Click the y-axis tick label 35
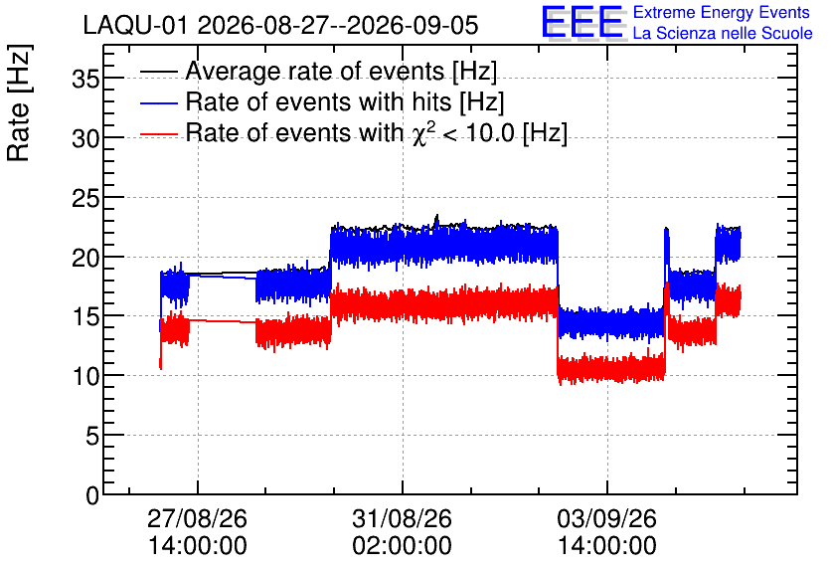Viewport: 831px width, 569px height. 85,80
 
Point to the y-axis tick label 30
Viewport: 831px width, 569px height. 85,139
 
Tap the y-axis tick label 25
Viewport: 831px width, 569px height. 85,199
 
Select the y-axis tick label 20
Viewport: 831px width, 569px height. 85,259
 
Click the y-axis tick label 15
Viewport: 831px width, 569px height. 85,317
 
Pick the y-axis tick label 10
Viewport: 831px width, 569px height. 85,377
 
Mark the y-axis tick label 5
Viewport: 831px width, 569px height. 92,437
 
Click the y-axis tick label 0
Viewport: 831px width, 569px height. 92,496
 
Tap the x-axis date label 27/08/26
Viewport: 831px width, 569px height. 197,518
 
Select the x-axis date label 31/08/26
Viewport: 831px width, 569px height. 403,518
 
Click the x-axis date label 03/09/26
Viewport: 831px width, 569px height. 606,518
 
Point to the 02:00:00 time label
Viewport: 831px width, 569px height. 403,546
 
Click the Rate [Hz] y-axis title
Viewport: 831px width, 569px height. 19,102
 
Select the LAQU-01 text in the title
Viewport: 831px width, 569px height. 135,25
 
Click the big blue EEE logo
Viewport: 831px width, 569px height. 582,22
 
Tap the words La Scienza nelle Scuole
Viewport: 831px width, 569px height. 723,33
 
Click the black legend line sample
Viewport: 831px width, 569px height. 159,72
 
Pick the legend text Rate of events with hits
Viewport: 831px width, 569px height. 318,101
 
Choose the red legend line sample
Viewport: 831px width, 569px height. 159,134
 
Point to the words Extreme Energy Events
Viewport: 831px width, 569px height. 722,12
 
